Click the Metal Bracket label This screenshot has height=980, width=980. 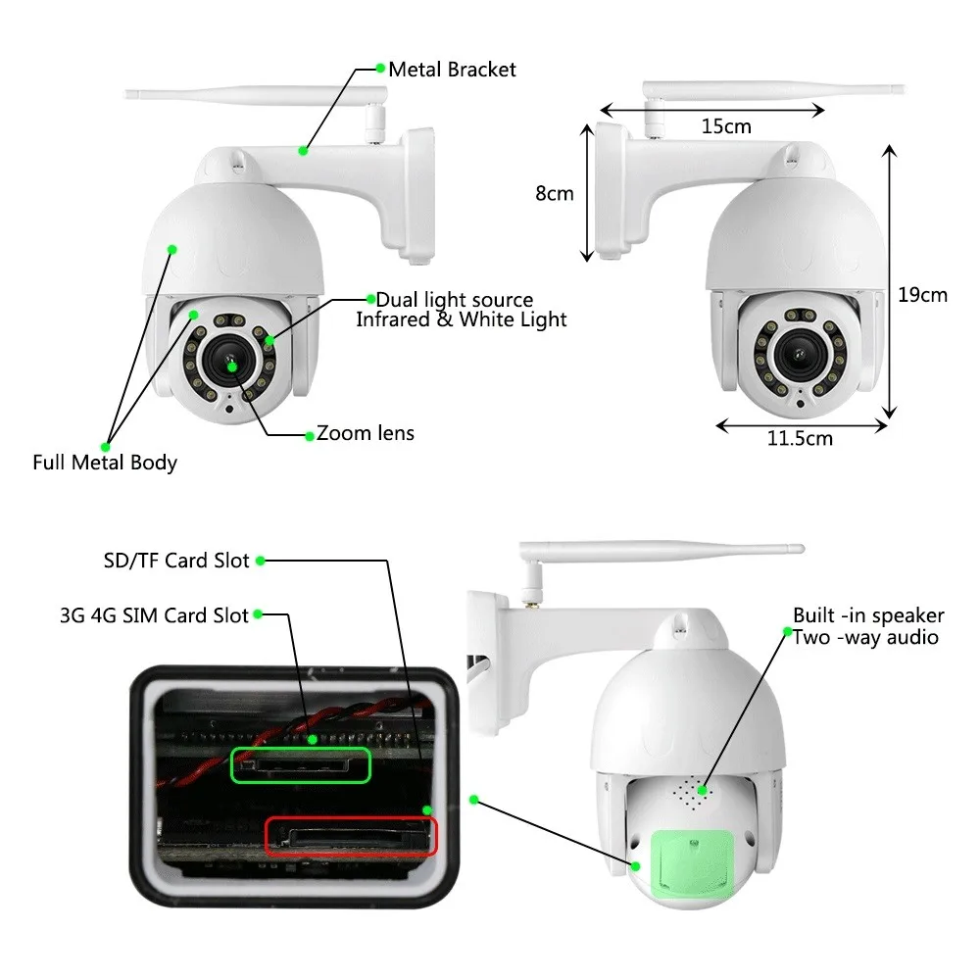452,70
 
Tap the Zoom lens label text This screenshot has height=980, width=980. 366,433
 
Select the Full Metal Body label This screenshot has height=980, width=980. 105,463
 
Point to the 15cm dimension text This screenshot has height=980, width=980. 726,126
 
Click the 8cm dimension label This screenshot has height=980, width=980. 554,193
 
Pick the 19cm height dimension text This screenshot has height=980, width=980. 923,294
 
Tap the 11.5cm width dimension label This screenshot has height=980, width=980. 800,438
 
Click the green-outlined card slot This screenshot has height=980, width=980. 300,764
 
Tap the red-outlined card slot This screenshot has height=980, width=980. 352,838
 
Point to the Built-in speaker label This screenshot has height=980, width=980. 868,615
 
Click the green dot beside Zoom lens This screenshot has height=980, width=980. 309,434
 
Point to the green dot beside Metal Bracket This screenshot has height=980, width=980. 380,69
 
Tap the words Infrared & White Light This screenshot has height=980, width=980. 461,319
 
